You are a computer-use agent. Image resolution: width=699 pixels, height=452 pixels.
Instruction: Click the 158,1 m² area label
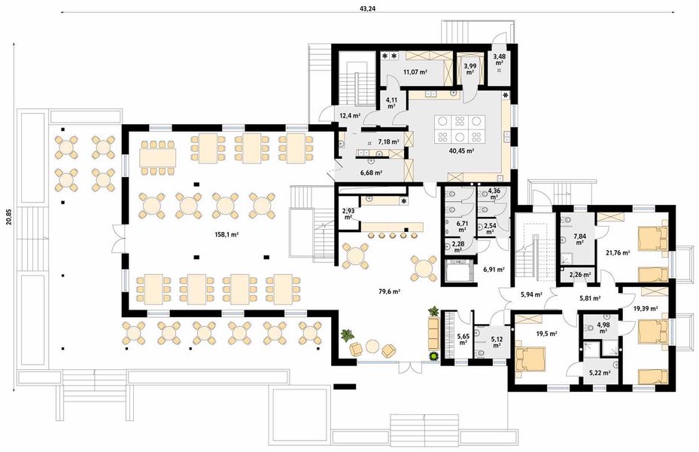[x=225, y=234]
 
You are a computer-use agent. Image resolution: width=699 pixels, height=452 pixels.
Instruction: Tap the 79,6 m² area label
[x=388, y=292]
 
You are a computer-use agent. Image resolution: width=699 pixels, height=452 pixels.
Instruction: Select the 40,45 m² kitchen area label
[x=460, y=151]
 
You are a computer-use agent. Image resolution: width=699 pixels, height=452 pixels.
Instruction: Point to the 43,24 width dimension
[x=368, y=8]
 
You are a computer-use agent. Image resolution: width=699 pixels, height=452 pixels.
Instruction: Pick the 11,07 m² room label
[x=415, y=72]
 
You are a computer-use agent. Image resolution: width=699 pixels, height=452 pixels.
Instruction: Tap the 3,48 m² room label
[x=499, y=60]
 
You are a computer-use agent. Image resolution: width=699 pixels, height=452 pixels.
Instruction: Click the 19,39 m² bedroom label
[x=645, y=308]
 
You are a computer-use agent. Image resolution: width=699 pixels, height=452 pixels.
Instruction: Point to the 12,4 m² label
[x=350, y=116]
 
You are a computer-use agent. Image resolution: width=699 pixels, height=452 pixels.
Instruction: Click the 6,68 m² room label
[x=371, y=173]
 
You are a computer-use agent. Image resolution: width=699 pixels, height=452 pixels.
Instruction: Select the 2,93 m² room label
[x=348, y=214]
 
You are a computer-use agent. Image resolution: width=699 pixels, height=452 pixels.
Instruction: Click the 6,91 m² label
[x=493, y=268]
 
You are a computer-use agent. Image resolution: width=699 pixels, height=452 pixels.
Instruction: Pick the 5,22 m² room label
[x=599, y=371]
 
